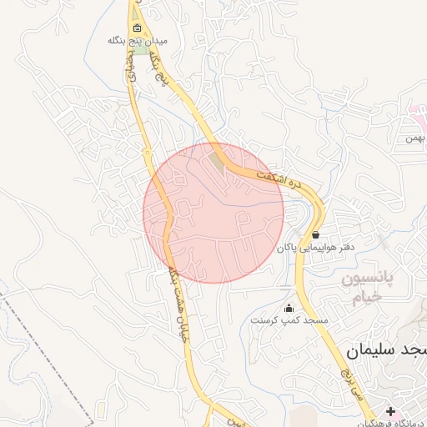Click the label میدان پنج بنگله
coord(138,40)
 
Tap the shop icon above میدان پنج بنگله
coord(138,28)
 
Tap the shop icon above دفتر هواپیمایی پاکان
coord(315,235)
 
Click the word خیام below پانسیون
coord(364,297)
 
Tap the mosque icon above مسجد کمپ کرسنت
coord(289,308)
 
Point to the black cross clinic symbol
coord(391,411)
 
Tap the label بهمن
coord(415,138)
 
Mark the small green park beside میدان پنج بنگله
coord(143,51)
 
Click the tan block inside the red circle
coord(219,159)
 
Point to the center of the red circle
coord(213,213)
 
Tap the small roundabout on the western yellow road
coord(148,153)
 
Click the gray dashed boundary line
coord(50,350)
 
